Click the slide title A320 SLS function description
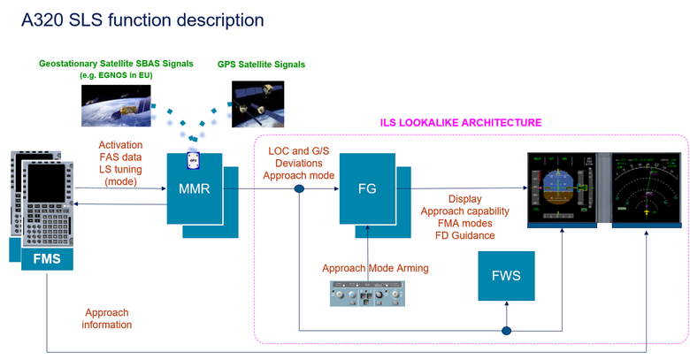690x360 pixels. point(142,19)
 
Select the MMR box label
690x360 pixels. point(194,188)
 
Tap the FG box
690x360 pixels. point(366,188)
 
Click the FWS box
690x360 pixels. point(505,275)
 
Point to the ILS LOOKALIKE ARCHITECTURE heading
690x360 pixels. point(460,122)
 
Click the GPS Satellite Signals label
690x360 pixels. point(261,65)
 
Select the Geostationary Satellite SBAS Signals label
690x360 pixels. point(114,64)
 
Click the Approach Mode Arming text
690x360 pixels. point(375,268)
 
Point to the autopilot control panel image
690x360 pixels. point(365,293)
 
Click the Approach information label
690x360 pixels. point(107,318)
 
